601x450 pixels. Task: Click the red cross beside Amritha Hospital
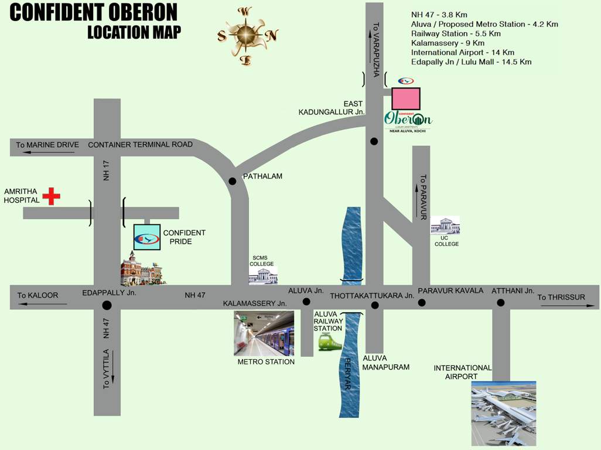point(51,196)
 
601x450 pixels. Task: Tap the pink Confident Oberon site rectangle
point(405,98)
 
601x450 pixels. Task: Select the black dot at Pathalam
point(232,181)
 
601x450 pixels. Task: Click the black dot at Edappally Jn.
point(107,305)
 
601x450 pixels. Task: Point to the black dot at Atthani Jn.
point(501,302)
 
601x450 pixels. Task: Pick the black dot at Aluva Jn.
point(306,302)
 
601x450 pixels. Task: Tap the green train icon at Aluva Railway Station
point(330,342)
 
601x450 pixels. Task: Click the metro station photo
point(264,333)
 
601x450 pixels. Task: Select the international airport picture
point(504,413)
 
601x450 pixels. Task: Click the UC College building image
point(445,226)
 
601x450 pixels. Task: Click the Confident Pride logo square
point(146,237)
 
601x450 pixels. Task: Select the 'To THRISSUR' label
point(561,297)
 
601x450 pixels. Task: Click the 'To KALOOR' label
point(38,295)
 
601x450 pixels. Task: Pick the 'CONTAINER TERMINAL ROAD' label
point(140,145)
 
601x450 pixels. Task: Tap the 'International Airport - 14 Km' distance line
point(463,52)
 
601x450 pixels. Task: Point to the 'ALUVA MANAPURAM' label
point(385,363)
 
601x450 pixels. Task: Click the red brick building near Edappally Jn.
point(141,270)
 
